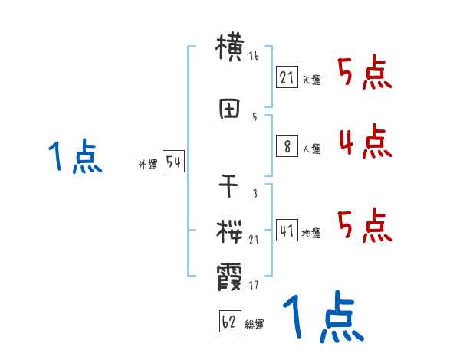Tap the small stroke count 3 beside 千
pos(254,193)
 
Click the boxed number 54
pos(173,162)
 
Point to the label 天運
pos(311,80)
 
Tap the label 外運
pos(147,164)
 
